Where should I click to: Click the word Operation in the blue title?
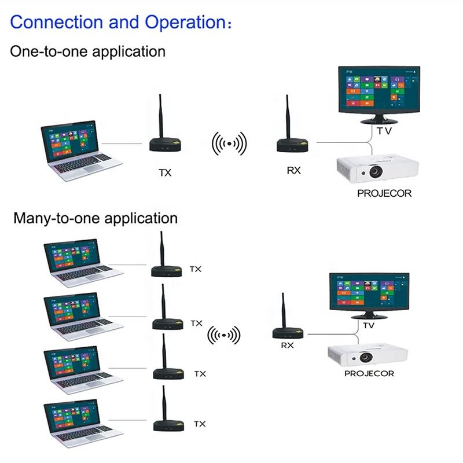(185, 23)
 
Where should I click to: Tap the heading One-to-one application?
(88, 52)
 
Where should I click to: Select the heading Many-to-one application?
(95, 219)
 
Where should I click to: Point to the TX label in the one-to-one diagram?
(165, 172)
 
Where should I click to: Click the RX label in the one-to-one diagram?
(294, 170)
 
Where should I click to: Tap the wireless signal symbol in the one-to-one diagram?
(229, 144)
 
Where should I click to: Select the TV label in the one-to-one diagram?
(384, 131)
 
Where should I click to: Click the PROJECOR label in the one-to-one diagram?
(384, 193)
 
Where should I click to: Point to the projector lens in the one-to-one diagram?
(376, 171)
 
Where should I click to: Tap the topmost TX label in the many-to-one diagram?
(196, 269)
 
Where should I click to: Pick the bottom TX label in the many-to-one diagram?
(200, 424)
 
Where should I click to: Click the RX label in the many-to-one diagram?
(287, 345)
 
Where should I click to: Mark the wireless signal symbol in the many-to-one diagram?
(224, 335)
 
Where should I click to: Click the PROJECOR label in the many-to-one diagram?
(369, 373)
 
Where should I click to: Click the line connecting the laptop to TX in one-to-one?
(122, 144)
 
